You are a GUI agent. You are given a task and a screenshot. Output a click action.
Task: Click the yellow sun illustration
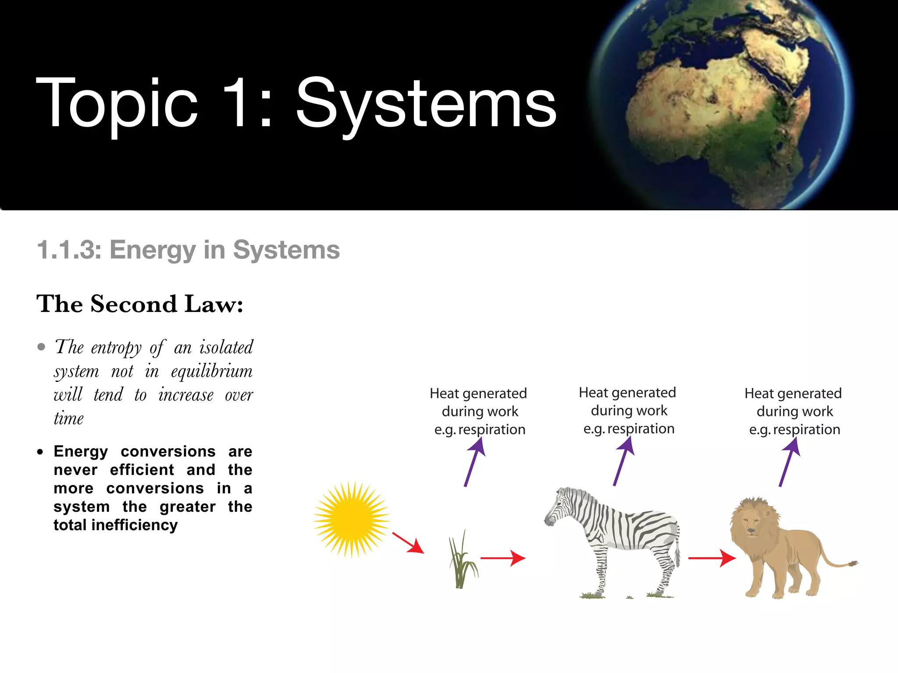pos(352,519)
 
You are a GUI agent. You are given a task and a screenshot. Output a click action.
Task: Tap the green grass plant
pos(462,563)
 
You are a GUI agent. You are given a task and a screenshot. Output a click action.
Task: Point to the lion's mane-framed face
pos(752,523)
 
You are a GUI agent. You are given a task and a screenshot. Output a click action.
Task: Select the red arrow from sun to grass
pos(408,543)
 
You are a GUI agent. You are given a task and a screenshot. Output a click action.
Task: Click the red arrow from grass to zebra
pos(502,558)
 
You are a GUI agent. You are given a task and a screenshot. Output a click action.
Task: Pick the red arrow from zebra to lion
pos(711,558)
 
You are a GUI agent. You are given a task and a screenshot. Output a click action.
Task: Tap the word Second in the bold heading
pos(134,304)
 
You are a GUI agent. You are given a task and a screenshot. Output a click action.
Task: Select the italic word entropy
pos(116,348)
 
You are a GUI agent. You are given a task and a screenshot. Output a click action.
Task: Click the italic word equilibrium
pos(211,372)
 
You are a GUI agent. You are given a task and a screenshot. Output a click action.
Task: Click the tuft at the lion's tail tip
pos(852,563)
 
